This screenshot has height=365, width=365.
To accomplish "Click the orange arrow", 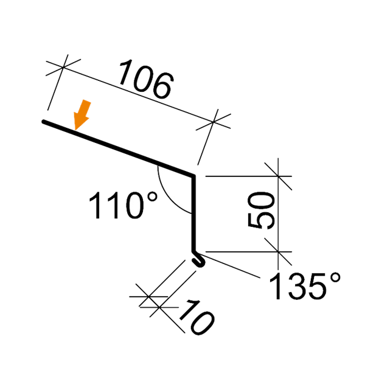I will click(81, 115).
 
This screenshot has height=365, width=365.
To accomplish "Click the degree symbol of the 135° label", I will click(335, 277).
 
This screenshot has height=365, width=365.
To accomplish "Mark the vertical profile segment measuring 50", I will click(196, 213).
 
